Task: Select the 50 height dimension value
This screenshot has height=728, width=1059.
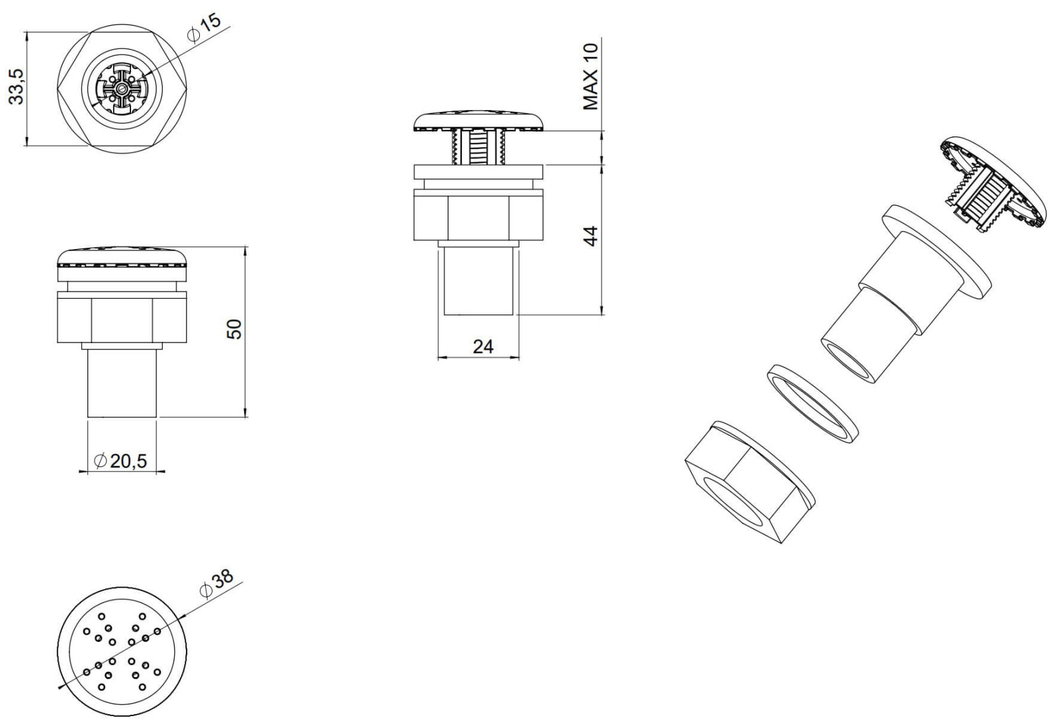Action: click(234, 329)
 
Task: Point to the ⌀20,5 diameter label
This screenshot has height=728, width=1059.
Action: click(121, 460)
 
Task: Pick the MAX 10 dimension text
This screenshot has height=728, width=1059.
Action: click(590, 77)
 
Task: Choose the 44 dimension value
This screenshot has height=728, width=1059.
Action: click(590, 236)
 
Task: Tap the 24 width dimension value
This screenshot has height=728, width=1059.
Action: click(483, 346)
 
